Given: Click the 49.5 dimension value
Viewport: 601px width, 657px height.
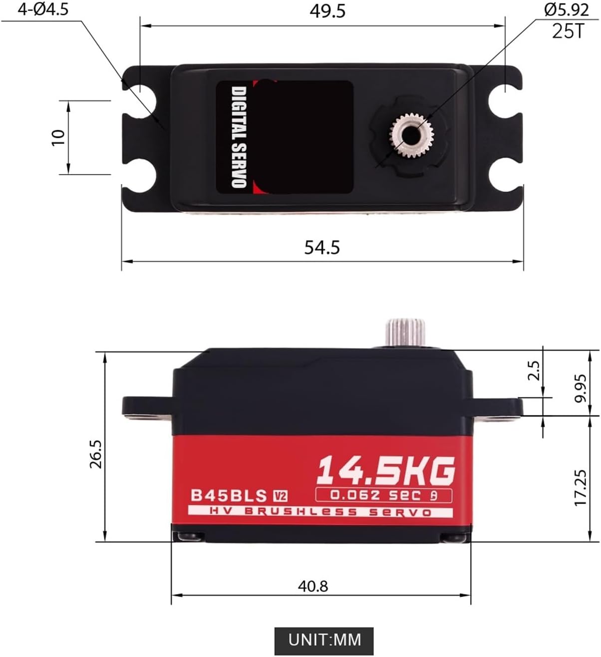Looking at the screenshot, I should (327, 11).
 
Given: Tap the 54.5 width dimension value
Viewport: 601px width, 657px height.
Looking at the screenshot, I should (322, 247).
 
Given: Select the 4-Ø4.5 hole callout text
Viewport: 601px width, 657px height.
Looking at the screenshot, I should (43, 10).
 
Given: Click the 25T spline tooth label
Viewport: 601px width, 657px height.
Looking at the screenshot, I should (568, 31).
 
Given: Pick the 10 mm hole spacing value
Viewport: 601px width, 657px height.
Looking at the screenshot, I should (59, 137).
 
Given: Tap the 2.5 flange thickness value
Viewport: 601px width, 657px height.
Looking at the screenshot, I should (534, 370).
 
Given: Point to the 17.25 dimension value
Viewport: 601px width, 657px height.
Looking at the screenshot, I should (580, 487).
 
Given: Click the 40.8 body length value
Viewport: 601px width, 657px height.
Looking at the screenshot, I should (313, 586).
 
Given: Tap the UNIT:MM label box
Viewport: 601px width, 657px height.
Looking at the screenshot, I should (324, 640).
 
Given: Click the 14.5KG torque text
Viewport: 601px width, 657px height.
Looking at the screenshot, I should (386, 470).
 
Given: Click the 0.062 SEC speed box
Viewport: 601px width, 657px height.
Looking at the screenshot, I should (383, 495).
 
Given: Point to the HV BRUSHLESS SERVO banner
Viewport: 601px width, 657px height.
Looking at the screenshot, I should (320, 512).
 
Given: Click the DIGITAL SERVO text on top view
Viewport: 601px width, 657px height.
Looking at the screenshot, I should (239, 137).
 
